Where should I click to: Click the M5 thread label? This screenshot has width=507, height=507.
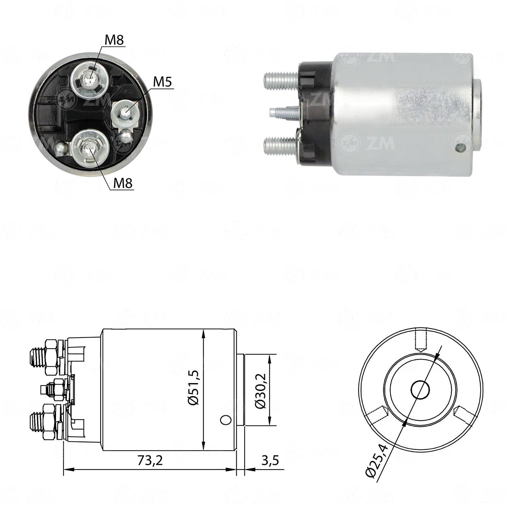[x=163, y=82]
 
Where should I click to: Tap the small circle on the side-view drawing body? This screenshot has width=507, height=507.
[x=225, y=420]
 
